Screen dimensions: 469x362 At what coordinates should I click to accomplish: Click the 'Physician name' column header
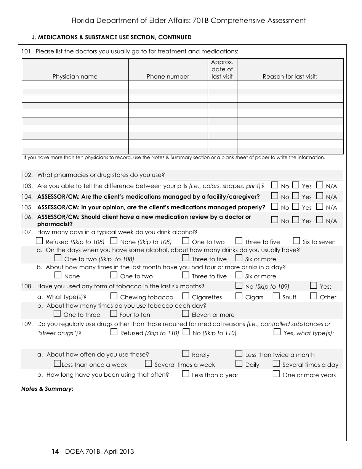(x=75, y=76)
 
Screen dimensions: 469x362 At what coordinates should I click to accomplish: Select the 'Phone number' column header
(x=168, y=76)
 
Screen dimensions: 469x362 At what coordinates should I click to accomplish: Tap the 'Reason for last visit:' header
(x=290, y=76)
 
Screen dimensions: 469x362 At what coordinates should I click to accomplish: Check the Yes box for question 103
(x=296, y=185)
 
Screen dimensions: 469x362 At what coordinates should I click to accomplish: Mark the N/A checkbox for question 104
(x=320, y=196)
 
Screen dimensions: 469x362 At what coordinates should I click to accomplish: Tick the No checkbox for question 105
(x=274, y=207)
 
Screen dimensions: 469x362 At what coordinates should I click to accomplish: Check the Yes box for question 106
(x=296, y=220)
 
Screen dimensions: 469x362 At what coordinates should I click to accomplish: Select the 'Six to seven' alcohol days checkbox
(x=296, y=241)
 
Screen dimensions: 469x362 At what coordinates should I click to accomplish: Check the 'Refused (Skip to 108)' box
(x=39, y=241)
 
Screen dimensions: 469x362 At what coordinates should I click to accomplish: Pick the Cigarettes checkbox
(x=186, y=296)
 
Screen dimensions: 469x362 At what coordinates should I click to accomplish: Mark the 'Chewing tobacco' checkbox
(x=114, y=296)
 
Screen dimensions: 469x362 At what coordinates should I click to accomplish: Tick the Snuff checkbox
(x=276, y=296)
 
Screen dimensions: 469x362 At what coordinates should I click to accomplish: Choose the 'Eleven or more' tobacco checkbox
(x=186, y=313)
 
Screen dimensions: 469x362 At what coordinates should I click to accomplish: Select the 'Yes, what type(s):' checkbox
(x=277, y=332)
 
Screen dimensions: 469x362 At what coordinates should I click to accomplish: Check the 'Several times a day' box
(x=276, y=363)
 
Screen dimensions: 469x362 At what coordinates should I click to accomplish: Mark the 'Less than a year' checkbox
(x=186, y=374)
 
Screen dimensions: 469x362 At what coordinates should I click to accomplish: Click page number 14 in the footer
(x=55, y=451)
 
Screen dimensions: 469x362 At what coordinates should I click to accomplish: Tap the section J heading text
(x=112, y=37)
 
